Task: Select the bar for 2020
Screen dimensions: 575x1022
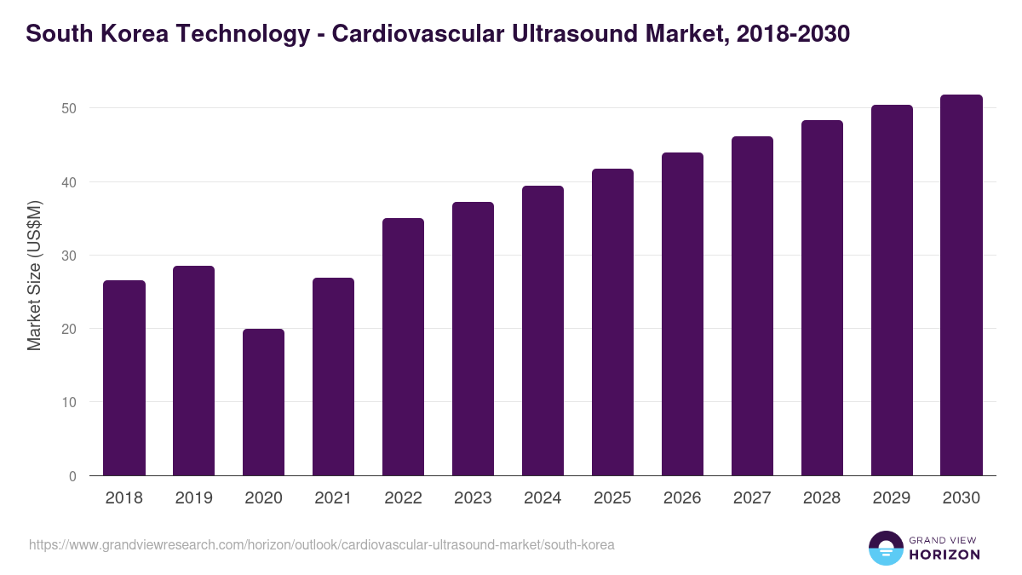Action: [x=263, y=402]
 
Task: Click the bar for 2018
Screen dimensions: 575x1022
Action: [x=124, y=378]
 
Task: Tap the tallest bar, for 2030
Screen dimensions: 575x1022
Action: [x=962, y=285]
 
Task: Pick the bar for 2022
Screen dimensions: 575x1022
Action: [x=403, y=347]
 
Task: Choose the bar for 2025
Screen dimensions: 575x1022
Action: [x=612, y=322]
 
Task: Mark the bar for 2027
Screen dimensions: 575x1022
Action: [x=752, y=306]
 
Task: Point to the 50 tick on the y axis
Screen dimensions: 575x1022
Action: [x=69, y=108]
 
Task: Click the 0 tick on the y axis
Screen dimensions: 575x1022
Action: [x=72, y=476]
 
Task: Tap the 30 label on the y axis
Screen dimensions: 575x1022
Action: [x=69, y=256]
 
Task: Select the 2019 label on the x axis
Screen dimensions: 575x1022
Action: [x=193, y=498]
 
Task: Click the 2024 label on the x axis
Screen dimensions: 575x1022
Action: [x=543, y=498]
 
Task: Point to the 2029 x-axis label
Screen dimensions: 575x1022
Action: [x=892, y=498]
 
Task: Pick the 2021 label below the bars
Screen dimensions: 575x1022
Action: [x=333, y=498]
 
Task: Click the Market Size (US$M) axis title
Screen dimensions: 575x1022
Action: [x=35, y=276]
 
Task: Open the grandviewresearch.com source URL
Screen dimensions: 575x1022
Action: [x=321, y=544]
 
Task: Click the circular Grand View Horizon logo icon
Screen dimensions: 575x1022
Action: [x=885, y=548]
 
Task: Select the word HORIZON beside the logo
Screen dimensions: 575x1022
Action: [x=944, y=555]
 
